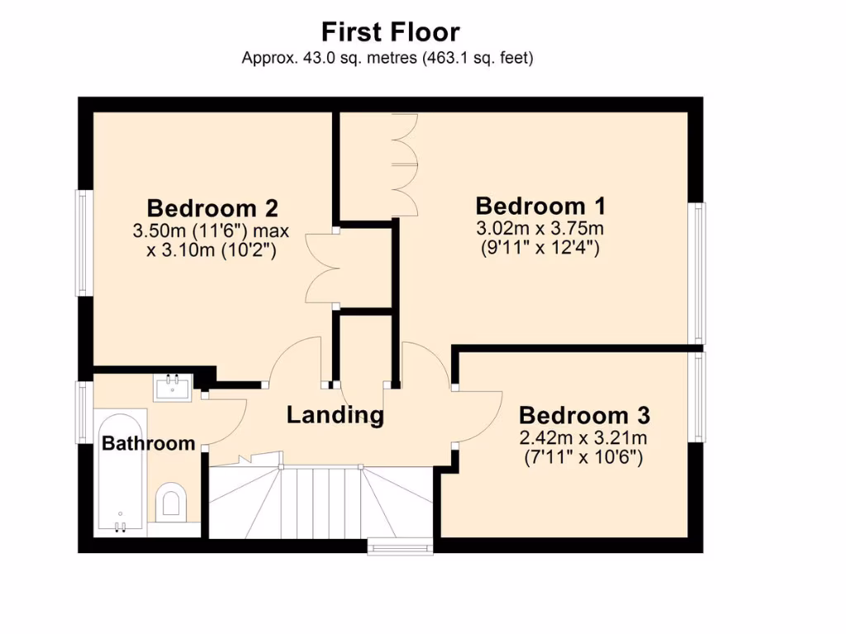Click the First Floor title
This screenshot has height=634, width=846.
pos(390,32)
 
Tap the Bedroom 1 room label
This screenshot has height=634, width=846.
pos(540,206)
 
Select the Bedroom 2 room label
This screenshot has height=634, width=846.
pos(211,207)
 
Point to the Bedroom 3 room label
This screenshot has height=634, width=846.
pos(584,414)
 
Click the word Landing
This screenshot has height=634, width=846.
pos(335,414)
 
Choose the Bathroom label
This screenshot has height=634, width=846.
pos(148,443)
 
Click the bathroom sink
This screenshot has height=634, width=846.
pos(173,386)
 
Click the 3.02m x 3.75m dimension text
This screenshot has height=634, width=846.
pos(540,228)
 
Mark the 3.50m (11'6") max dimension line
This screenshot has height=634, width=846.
pos(211,231)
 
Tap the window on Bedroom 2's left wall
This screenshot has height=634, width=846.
pos(83,243)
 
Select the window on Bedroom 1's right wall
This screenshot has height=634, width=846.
pos(700,272)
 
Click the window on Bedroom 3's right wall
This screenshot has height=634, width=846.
pos(700,396)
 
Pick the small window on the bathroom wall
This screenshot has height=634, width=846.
pos(83,410)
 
